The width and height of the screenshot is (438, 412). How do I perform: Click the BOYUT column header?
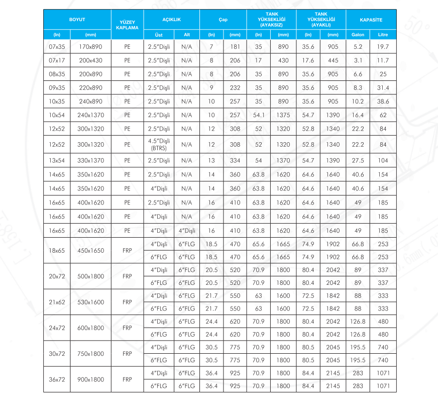tap(77, 20)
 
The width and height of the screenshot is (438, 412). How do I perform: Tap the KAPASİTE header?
tap(371, 20)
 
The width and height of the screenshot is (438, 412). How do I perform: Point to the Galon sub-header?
tap(358, 35)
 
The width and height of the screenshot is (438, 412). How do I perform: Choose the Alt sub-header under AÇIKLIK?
tap(186, 35)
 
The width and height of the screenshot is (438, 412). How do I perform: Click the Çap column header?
tap(223, 20)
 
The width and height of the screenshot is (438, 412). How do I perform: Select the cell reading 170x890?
tap(90, 47)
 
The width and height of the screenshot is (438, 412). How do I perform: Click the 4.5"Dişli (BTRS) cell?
tap(159, 145)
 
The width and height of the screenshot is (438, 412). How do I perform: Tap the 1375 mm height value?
tap(283, 115)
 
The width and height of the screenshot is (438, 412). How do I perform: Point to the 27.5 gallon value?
tap(358, 161)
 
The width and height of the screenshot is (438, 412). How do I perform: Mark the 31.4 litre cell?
tap(383, 88)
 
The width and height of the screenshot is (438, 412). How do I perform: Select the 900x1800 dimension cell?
tap(90, 379)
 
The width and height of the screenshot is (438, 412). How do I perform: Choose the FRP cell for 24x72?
tap(127, 328)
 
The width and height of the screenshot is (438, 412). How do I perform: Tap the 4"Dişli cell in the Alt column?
tap(186, 231)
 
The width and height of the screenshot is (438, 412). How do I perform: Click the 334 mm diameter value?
tap(235, 161)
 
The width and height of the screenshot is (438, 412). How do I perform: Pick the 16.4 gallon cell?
tap(358, 115)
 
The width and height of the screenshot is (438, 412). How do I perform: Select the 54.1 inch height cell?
tap(259, 115)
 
